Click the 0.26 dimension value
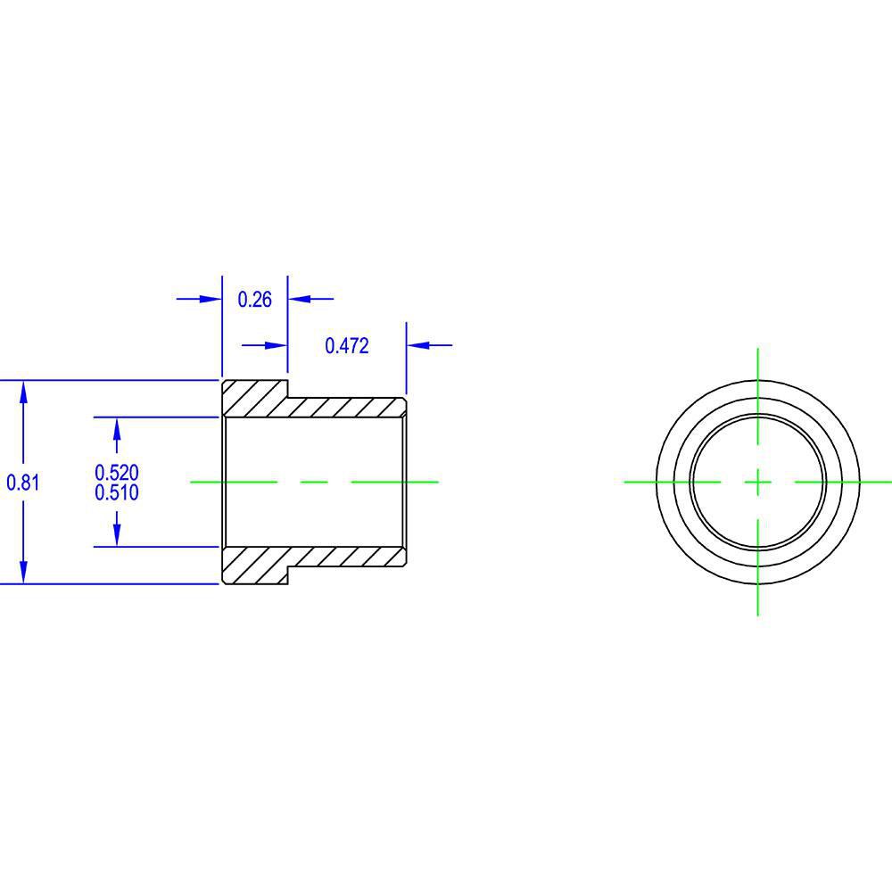[x=254, y=300]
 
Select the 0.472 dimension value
[x=347, y=346]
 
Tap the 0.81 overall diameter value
[x=23, y=483]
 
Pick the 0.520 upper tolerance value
[x=117, y=473]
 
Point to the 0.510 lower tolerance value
[x=117, y=492]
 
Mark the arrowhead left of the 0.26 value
[x=211, y=299]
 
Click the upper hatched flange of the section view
[x=254, y=398]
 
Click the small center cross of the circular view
[x=757, y=482]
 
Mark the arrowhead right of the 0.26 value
[x=298, y=299]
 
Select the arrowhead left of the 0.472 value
[x=276, y=345]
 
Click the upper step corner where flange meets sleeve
[x=288, y=398]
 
